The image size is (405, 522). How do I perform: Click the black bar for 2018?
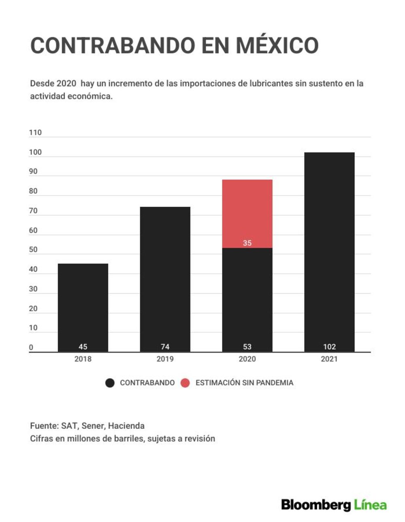click(83, 308)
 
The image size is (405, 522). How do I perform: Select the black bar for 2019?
click(165, 279)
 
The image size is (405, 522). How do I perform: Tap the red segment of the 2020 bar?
click(247, 214)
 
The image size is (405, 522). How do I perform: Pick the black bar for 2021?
click(329, 252)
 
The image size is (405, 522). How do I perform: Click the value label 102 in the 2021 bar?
click(329, 347)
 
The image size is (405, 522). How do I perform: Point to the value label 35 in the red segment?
click(247, 243)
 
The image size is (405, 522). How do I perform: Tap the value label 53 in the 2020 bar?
click(247, 347)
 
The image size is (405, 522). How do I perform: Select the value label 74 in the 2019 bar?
click(165, 347)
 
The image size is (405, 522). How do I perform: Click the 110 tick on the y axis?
click(35, 133)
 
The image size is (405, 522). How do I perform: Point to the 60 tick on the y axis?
click(33, 230)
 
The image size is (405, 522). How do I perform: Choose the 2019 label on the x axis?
click(165, 359)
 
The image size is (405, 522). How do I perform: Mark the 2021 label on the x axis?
click(329, 359)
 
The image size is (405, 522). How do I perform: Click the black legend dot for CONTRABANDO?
click(110, 383)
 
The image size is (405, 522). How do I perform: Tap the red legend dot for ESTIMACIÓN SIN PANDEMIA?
click(185, 383)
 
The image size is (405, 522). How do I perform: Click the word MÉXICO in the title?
click(277, 45)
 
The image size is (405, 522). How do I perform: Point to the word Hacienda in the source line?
click(126, 426)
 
